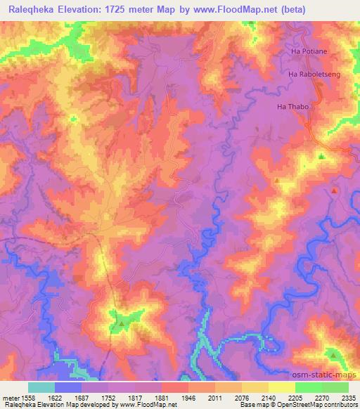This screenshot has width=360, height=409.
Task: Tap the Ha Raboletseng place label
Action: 313,73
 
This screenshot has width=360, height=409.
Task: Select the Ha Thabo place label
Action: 293,108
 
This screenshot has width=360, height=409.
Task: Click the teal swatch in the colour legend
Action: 41,387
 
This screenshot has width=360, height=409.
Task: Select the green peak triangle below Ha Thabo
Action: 321,156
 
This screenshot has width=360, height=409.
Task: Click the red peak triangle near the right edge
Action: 335,190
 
